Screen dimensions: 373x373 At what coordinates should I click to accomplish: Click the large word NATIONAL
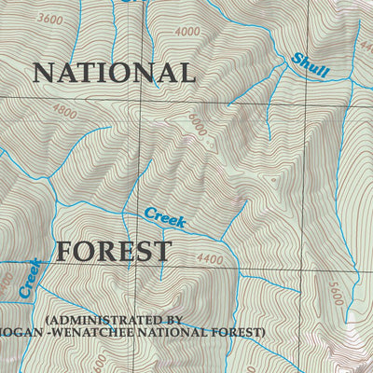pos(114,73)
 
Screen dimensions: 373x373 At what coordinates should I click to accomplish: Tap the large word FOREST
pos(113,251)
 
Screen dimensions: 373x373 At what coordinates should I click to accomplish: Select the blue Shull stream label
pos(310,64)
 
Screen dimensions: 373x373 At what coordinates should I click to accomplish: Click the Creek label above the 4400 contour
pos(165,218)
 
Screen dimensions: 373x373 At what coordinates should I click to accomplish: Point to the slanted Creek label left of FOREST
pos(30,278)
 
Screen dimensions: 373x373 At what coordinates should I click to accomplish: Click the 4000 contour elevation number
pos(186,32)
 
